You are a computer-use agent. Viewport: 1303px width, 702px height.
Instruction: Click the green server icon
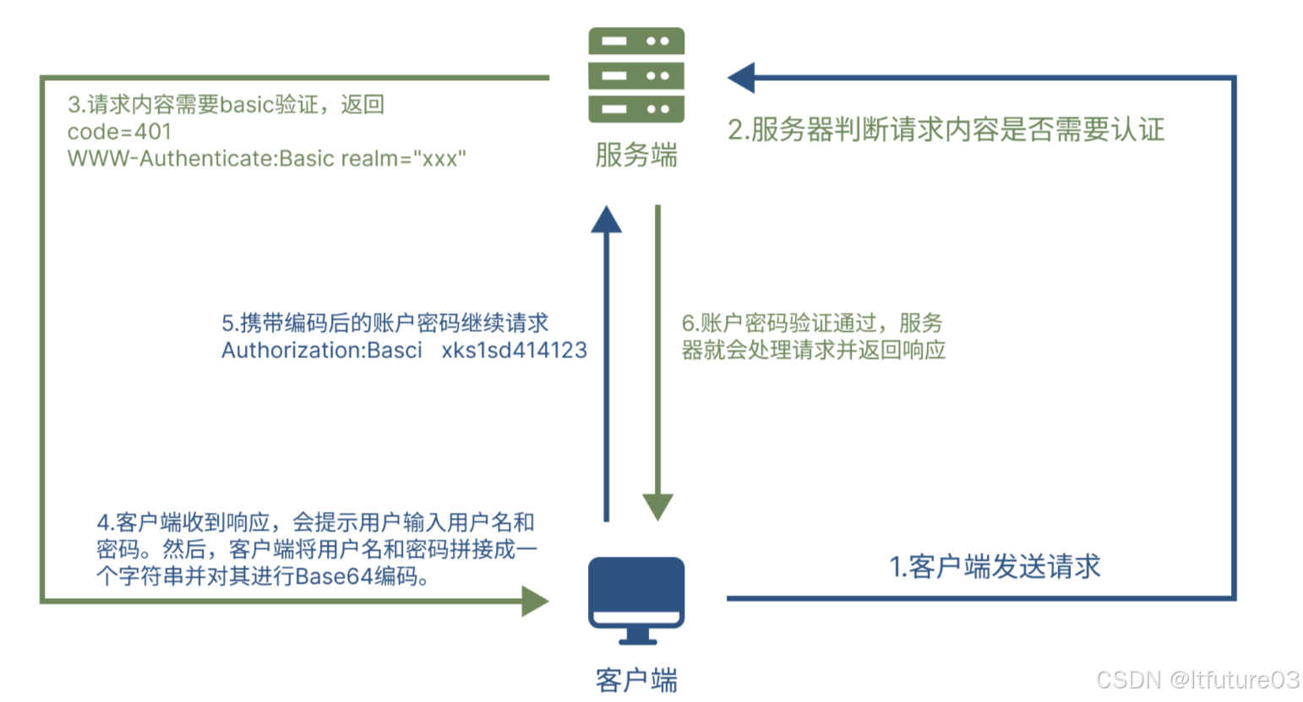click(x=636, y=75)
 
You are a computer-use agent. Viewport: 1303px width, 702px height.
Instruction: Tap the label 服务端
click(x=636, y=155)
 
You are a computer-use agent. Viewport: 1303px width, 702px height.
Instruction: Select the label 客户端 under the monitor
click(x=636, y=680)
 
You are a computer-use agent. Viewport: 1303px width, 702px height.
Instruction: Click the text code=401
click(x=119, y=132)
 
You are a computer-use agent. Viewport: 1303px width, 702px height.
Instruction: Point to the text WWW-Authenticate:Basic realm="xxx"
click(x=266, y=159)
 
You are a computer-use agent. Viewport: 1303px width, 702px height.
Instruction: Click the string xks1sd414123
click(x=514, y=351)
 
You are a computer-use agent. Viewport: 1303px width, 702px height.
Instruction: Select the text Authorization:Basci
click(x=321, y=351)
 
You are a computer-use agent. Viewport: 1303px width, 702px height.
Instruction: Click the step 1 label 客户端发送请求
click(x=995, y=567)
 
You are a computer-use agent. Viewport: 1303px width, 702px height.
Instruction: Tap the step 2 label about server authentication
click(x=946, y=130)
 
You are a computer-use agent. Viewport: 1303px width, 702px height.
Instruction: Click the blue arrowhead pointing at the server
click(x=741, y=78)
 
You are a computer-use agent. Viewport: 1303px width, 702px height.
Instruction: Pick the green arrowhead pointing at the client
click(x=534, y=601)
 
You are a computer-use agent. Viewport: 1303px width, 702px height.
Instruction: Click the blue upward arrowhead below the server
click(x=606, y=220)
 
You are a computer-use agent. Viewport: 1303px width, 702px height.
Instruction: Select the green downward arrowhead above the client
click(x=657, y=507)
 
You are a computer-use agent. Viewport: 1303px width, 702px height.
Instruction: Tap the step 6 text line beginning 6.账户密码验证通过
click(x=811, y=324)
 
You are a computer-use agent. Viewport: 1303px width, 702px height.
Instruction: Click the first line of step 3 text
click(x=226, y=105)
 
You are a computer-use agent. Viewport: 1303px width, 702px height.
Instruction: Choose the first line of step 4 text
click(x=315, y=523)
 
